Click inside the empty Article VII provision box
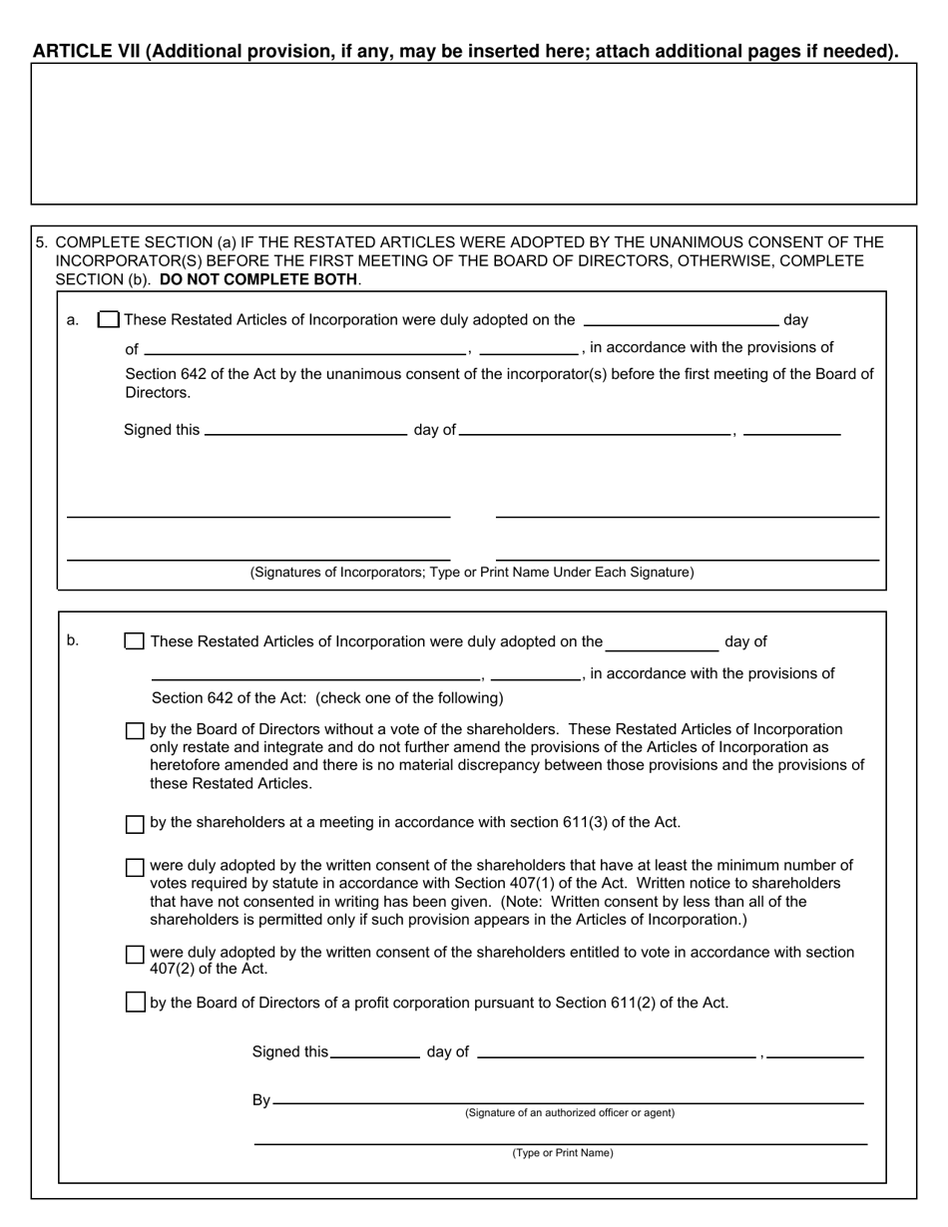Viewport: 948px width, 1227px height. tap(473, 134)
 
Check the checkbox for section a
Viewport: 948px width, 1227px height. tap(109, 320)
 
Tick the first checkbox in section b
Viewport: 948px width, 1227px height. tap(134, 641)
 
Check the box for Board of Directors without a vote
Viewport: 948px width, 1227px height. tap(135, 731)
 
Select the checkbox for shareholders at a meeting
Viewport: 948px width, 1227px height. tap(135, 824)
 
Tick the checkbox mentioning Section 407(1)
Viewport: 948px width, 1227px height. tap(135, 867)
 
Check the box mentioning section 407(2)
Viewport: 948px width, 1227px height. tap(135, 955)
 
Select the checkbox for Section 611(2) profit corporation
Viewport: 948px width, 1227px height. tap(135, 1003)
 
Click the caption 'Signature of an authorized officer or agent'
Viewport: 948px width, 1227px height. tap(569, 1112)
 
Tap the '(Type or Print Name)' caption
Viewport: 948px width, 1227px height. tap(563, 1153)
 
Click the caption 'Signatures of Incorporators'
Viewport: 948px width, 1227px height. tap(472, 573)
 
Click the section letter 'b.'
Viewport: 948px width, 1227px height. tap(73, 640)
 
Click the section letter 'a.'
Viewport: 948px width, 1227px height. tap(73, 320)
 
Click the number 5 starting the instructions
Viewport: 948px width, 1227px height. tap(41, 242)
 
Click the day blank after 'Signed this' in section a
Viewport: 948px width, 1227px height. tap(304, 430)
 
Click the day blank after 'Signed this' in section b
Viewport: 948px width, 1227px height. tap(374, 1051)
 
